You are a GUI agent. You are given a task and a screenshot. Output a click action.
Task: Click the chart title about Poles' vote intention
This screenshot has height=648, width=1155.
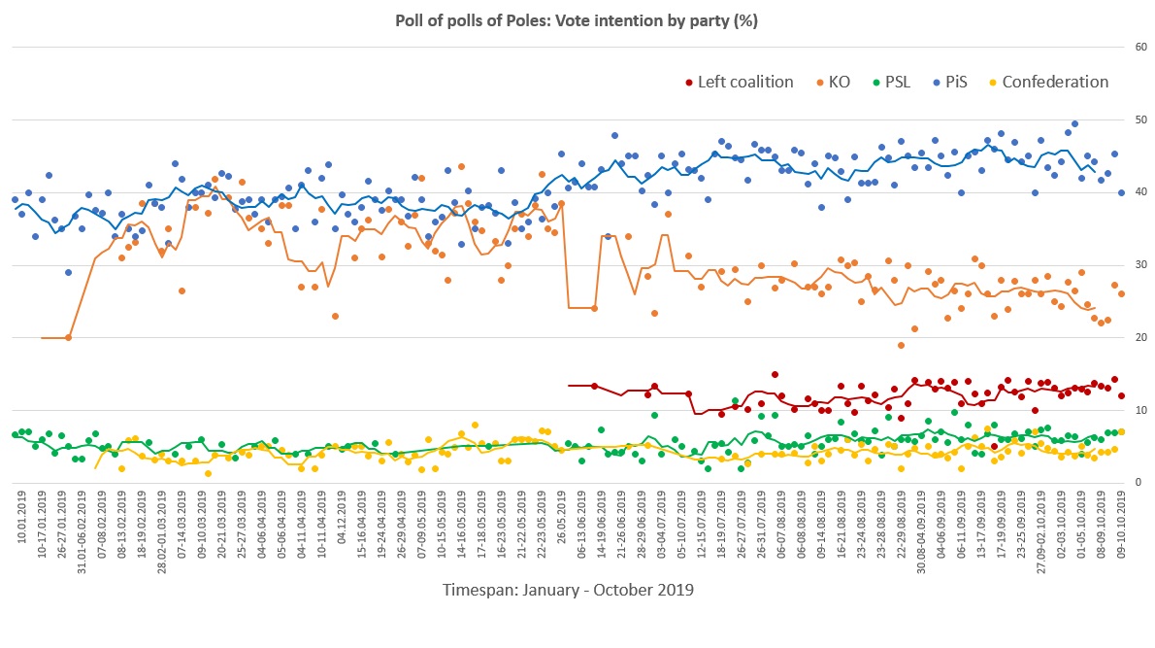(x=577, y=19)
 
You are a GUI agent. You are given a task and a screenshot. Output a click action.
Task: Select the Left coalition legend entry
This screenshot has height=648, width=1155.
(x=738, y=83)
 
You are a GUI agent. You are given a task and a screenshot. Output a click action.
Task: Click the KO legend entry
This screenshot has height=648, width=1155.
(x=830, y=83)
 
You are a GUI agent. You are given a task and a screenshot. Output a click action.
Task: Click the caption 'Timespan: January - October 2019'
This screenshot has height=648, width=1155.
(x=568, y=590)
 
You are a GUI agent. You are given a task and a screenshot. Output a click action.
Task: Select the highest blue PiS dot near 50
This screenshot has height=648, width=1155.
(x=1074, y=124)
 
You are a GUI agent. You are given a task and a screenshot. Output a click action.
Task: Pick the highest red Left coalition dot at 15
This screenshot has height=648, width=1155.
(x=775, y=374)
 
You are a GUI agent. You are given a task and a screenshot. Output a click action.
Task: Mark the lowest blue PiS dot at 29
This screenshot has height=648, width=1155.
(x=68, y=272)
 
